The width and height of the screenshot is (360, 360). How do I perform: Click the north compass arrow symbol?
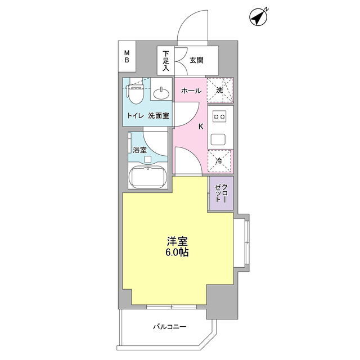point(258,17)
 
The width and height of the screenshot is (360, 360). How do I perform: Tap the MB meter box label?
point(127,57)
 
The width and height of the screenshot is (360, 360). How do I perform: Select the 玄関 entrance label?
point(196,60)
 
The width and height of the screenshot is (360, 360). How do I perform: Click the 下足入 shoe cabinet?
point(166,60)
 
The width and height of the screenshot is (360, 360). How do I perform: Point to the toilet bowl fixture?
point(136,94)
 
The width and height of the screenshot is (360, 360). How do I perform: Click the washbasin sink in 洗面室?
point(162,93)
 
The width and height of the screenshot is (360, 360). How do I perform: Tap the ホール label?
point(191,91)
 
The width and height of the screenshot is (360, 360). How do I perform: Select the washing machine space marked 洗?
point(220,90)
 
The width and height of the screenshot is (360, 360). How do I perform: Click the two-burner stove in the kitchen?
point(219,116)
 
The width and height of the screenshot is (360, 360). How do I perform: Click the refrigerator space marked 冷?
point(219,161)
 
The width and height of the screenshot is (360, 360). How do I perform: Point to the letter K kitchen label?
point(201,127)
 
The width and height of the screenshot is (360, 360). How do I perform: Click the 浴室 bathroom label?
point(139,150)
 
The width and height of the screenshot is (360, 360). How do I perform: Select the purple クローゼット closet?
point(221,193)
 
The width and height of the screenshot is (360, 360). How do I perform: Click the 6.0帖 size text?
point(177,253)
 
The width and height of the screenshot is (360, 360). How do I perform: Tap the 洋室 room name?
point(177,241)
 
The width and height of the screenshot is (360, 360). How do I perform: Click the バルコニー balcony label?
point(170,326)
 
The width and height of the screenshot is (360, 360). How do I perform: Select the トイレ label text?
point(136,115)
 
